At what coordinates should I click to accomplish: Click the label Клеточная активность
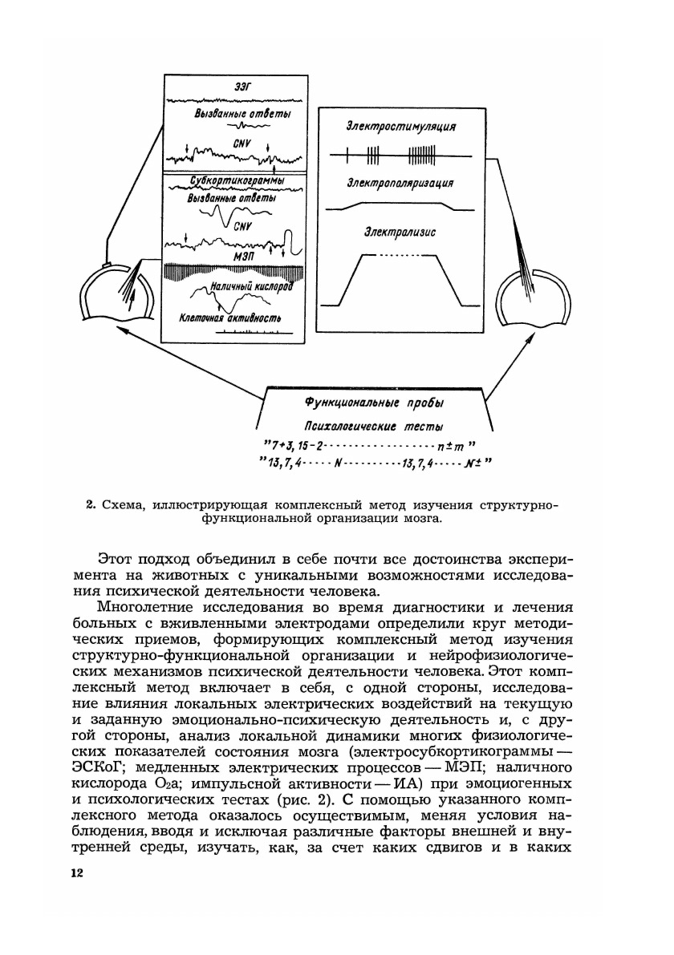click(x=230, y=318)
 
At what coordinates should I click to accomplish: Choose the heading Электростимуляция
click(x=402, y=126)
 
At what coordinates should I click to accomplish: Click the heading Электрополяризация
click(x=400, y=184)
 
